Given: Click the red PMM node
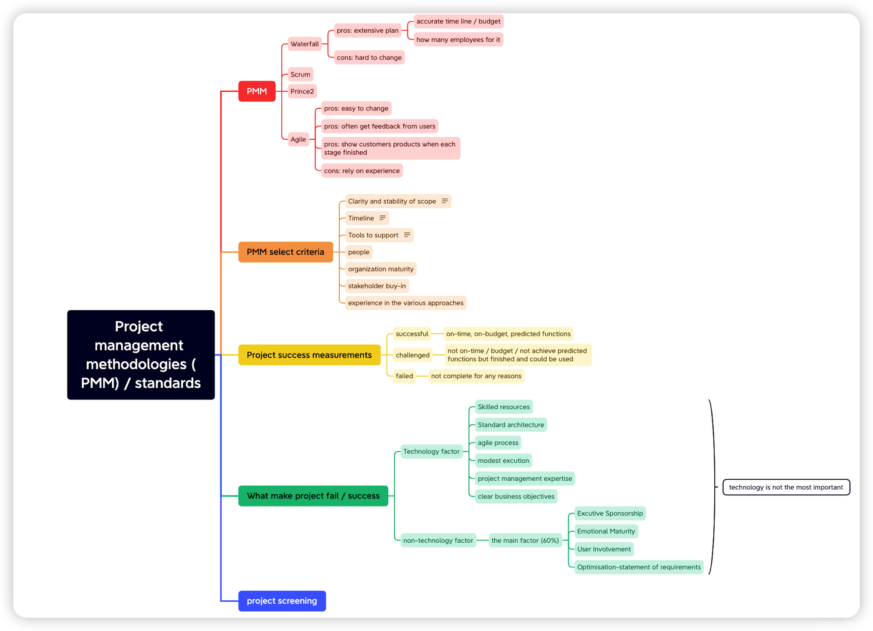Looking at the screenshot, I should pos(257,91).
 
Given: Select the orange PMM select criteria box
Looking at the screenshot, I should pos(285,252).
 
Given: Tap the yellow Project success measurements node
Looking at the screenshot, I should pos(309,355).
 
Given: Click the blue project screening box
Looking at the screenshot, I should pos(282,600).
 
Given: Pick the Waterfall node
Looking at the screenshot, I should pos(304,44).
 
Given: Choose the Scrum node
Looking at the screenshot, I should pos(300,74).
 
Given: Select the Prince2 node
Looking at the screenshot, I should pos(302,91).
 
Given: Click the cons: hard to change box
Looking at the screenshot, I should pos(369,57).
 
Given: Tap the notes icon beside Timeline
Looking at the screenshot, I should pos(382,218).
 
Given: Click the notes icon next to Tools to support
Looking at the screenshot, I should pos(407,235).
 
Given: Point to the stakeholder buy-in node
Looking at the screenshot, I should pos(377,286).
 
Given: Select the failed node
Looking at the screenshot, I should pos(404,376).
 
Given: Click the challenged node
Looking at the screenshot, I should pos(412,355).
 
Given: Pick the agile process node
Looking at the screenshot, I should pos(498,443).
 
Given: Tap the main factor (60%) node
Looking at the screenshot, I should pos(525,540).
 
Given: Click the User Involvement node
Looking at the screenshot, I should pos(604,549).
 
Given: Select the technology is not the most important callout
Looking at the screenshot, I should pos(786,487).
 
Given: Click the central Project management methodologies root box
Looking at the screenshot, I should pos(141,355).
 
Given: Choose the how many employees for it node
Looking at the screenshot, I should pos(458,40).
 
